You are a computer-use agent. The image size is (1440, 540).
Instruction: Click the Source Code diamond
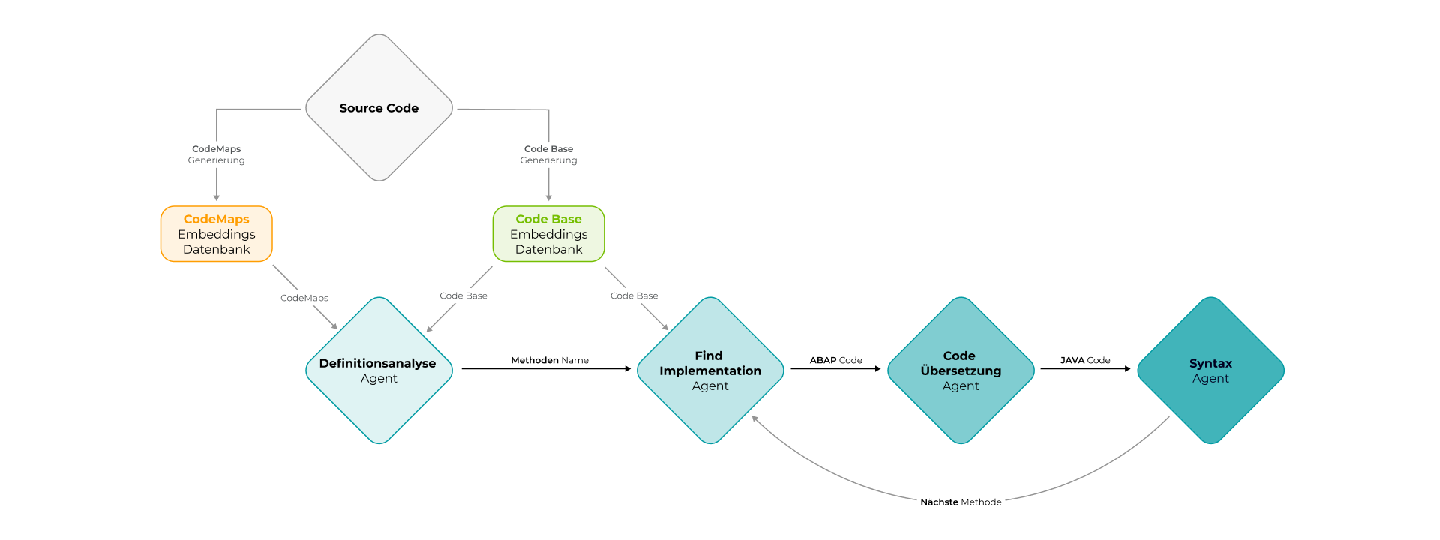[x=379, y=108]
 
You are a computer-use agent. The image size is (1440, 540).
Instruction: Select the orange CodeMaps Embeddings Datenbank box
[x=217, y=234]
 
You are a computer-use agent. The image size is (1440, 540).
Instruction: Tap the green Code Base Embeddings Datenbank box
[x=548, y=234]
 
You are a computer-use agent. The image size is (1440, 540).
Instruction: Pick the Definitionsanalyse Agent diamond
[x=379, y=370]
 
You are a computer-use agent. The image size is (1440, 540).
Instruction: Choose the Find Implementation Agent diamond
[x=710, y=370]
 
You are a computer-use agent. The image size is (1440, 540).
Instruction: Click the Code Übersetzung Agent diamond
[x=961, y=370]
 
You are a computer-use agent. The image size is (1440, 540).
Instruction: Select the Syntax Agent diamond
[x=1210, y=370]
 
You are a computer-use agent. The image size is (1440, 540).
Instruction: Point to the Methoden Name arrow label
[x=550, y=360]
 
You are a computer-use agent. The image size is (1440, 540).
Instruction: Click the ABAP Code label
[x=835, y=360]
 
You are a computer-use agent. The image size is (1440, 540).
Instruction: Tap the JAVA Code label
[x=1085, y=360]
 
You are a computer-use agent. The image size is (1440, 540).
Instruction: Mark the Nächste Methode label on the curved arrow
[x=961, y=502]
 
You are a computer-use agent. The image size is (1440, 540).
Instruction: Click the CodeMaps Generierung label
[x=217, y=154]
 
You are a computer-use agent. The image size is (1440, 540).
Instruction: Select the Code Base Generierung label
[x=548, y=154]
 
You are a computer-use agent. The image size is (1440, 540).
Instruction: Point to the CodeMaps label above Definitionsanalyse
[x=304, y=298]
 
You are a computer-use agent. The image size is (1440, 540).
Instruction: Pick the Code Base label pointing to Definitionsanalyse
[x=463, y=295]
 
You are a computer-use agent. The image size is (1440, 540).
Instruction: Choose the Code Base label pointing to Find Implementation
[x=634, y=295]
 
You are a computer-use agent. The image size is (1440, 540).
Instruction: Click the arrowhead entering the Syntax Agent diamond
[x=1127, y=369]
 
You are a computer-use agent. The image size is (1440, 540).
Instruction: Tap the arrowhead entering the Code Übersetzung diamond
[x=877, y=369]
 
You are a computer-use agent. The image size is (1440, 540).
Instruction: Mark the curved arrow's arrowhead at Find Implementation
[x=755, y=419]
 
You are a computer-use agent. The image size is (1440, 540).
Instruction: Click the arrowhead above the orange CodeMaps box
[x=217, y=198]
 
